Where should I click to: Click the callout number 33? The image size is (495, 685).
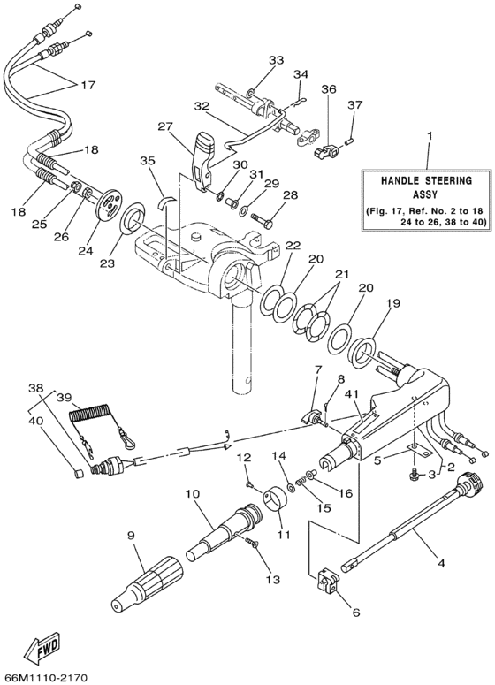[x=277, y=59]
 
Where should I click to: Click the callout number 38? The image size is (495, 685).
[x=34, y=387]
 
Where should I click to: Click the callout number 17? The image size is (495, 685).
[x=87, y=86]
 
